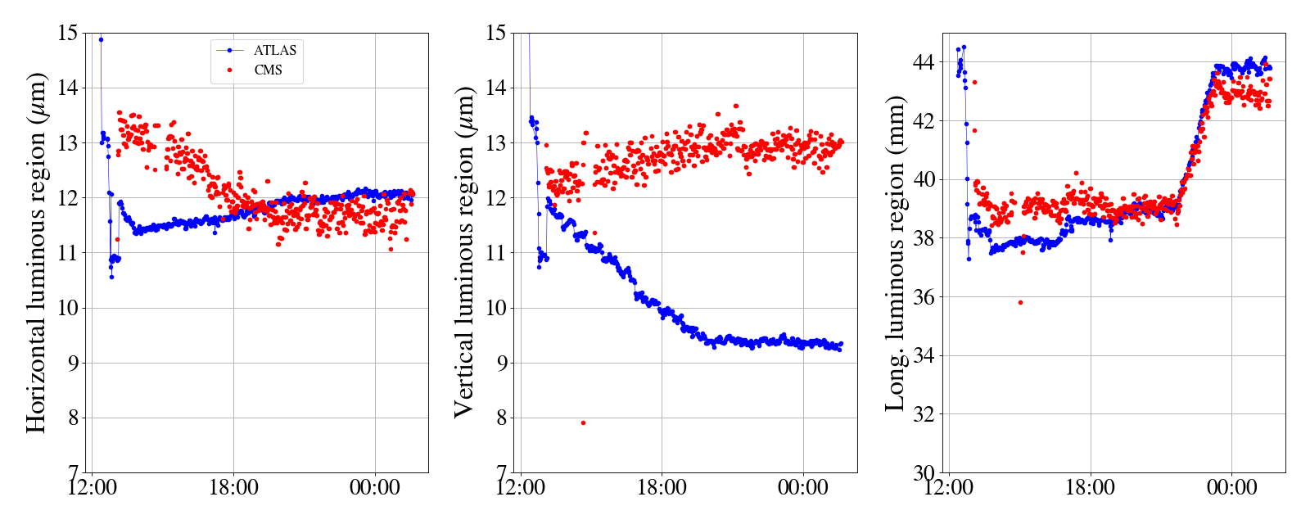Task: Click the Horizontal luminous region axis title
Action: (x=36, y=252)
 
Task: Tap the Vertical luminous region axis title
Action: (x=463, y=252)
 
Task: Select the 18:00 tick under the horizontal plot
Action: (x=233, y=488)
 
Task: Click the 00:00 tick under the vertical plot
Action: (x=803, y=488)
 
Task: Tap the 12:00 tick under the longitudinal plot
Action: (x=949, y=488)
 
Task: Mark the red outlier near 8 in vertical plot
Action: (x=583, y=422)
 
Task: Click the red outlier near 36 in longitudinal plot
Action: (x=1020, y=302)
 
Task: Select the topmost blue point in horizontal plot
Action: (x=101, y=39)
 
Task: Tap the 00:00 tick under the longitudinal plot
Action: (x=1232, y=488)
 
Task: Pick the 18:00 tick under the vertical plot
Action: (x=662, y=488)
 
